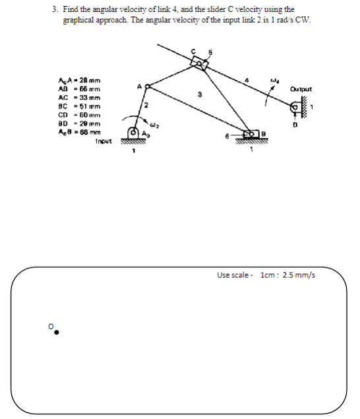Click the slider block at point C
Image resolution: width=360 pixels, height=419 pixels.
pyautogui.click(x=198, y=63)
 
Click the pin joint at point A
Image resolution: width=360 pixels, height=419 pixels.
pyautogui.click(x=148, y=86)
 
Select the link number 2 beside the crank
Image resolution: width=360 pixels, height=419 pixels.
pyautogui.click(x=148, y=106)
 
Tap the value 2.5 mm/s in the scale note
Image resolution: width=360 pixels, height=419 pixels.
pyautogui.click(x=299, y=275)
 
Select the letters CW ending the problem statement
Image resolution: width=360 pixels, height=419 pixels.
pyautogui.click(x=301, y=20)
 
